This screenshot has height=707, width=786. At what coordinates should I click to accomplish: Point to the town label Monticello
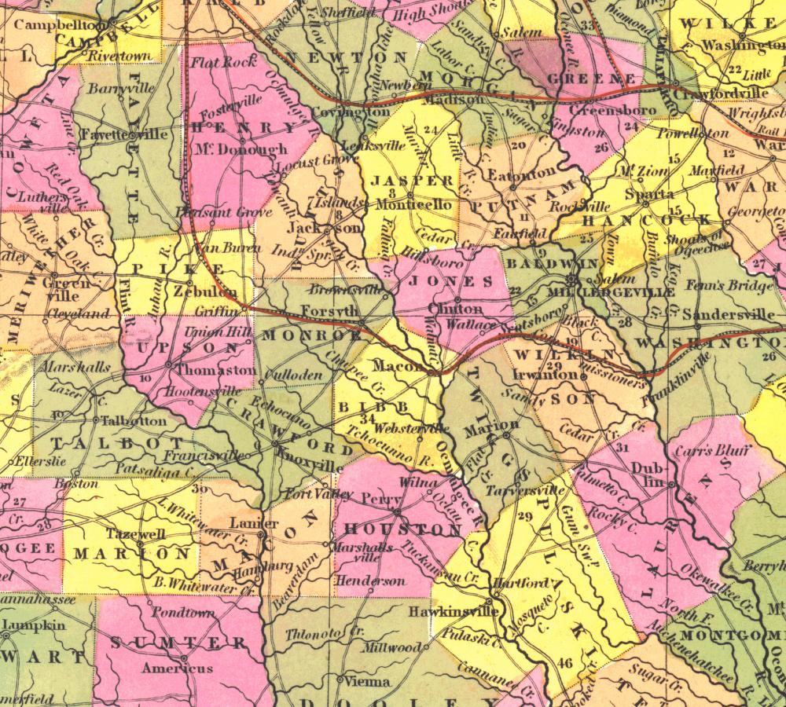[x=414, y=204]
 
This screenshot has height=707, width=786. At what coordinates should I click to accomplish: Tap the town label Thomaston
[x=216, y=369]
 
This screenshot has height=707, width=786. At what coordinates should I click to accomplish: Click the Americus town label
[x=177, y=669]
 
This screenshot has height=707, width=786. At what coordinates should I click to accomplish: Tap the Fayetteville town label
[x=124, y=134]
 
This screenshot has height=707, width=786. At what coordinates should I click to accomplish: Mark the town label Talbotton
[x=134, y=420]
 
